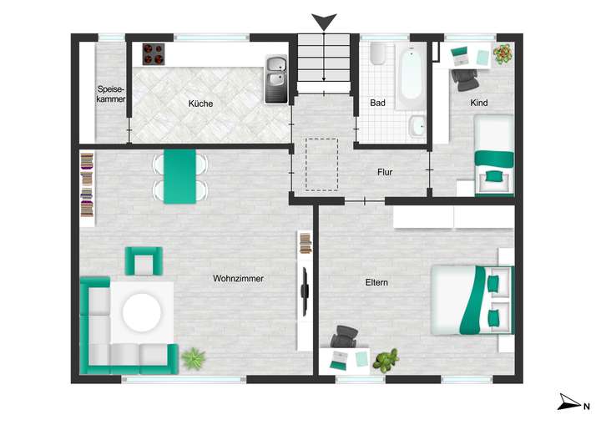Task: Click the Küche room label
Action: [200, 104]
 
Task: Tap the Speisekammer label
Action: [111, 94]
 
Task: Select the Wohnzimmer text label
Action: [238, 279]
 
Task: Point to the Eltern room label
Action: [376, 282]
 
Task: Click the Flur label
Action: [385, 173]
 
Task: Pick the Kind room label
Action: [479, 103]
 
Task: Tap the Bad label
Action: [377, 104]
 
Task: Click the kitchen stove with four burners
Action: [153, 53]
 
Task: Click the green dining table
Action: [180, 175]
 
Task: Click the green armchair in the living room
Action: [143, 261]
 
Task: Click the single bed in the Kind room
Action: [493, 155]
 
